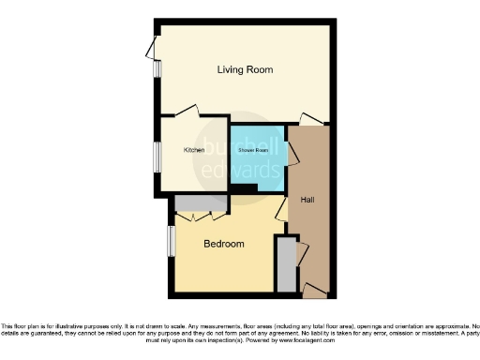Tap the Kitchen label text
tap(194, 150)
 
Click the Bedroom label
tap(224, 244)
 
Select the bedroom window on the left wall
tap(170, 240)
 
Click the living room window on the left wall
tap(153, 54)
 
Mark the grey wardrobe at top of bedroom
tap(200, 203)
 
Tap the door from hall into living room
tap(310, 119)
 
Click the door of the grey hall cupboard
tap(300, 254)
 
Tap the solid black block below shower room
tap(246, 190)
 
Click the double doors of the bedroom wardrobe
tap(200, 217)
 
